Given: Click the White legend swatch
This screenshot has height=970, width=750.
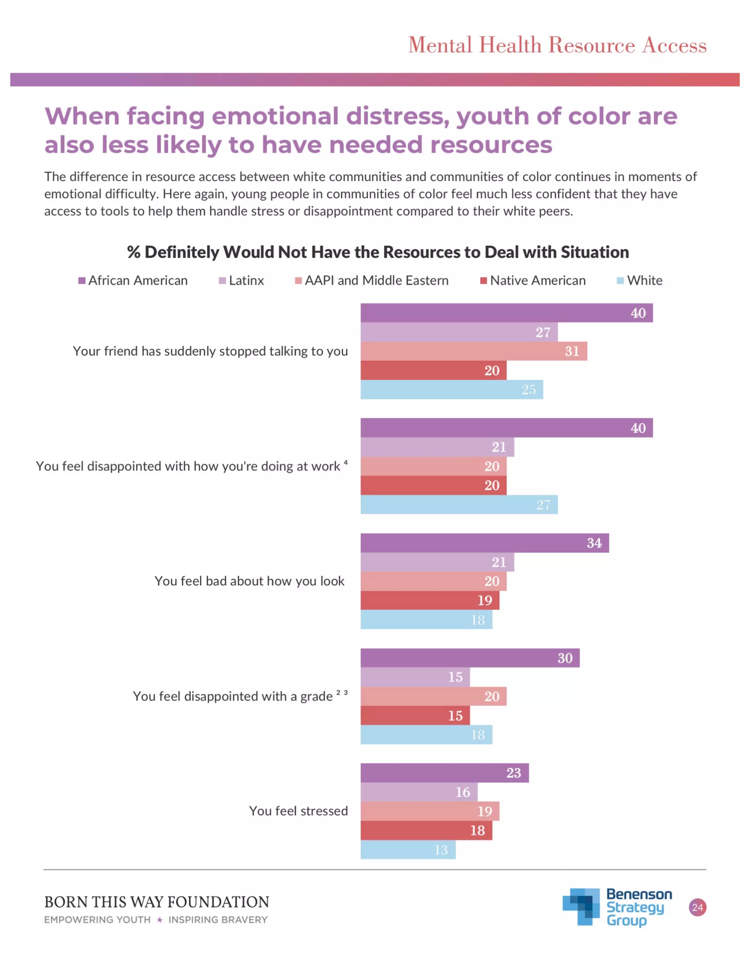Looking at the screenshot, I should pos(620,281).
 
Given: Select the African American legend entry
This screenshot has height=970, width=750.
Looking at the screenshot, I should pos(133,281).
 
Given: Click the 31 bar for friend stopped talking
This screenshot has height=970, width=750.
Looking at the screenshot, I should pos(474,351).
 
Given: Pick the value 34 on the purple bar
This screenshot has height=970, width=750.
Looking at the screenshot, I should pos(594,543).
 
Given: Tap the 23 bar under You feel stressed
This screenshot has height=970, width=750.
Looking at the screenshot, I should pos(444,773).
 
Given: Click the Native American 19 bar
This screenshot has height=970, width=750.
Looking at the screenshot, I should pos(430,600).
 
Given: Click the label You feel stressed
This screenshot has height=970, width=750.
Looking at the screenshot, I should pos(298,811).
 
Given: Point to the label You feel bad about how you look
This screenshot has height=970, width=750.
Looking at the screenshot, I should pos(249,581).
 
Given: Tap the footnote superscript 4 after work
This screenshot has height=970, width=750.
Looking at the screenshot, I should pos(346,462).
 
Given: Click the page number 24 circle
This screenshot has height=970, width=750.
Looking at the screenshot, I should pos(698,907).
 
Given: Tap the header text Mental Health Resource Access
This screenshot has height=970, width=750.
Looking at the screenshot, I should pos(557,45).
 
